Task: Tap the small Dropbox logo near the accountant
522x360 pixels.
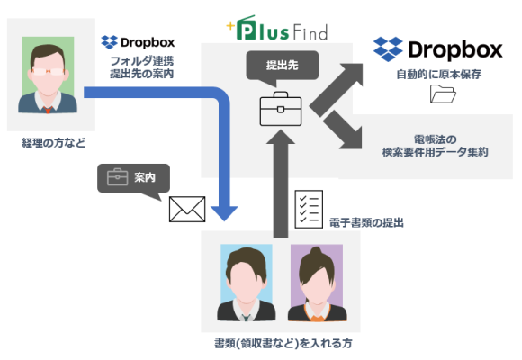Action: tap(138, 41)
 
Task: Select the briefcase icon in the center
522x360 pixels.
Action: tap(278, 110)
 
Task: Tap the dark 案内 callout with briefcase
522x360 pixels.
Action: tap(132, 178)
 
